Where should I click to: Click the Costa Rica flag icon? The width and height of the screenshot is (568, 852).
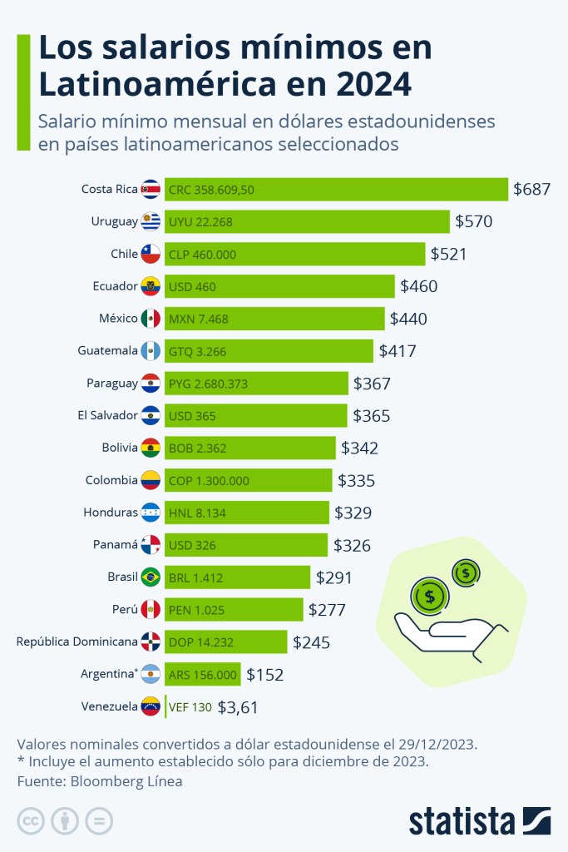[151, 189]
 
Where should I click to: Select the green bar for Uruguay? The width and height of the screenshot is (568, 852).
[307, 221]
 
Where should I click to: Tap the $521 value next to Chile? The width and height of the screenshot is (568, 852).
[448, 254]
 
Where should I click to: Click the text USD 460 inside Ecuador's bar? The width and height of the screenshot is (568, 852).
[192, 286]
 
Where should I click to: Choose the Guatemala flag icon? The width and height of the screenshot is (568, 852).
[151, 351]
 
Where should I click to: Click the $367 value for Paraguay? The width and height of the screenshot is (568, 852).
[372, 384]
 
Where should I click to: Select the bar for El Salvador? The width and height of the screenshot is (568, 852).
[255, 415]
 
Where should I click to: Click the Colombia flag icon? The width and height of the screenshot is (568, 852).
[151, 480]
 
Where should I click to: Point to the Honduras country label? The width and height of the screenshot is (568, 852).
[111, 513]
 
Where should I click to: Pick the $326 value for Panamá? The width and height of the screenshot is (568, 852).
[352, 545]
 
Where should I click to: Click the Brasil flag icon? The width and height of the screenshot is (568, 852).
[151, 577]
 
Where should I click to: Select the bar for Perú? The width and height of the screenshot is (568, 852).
[234, 610]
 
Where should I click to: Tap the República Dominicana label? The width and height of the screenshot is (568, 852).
[77, 641]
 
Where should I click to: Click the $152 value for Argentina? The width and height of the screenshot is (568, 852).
[264, 675]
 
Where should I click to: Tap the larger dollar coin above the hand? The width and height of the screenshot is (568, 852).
[430, 596]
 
